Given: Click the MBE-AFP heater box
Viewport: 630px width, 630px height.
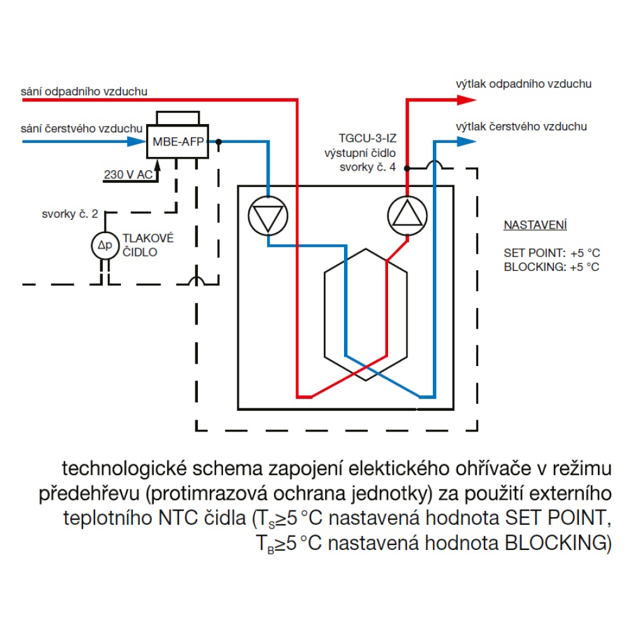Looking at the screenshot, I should [178, 142].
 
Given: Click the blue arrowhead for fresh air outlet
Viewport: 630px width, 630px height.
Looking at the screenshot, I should [466, 142].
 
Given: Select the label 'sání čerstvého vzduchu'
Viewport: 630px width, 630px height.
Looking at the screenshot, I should [82, 128].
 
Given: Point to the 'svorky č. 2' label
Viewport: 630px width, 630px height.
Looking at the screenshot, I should [69, 214].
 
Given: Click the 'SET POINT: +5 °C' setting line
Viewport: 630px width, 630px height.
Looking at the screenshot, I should [551, 253].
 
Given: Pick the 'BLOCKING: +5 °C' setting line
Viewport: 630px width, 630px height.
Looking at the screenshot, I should [551, 266].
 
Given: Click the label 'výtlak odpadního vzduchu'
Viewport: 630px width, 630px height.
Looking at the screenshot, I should [524, 83].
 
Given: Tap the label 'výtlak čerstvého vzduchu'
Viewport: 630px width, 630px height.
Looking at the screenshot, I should [521, 127].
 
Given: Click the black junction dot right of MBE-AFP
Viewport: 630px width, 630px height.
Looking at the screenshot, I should [219, 142].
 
